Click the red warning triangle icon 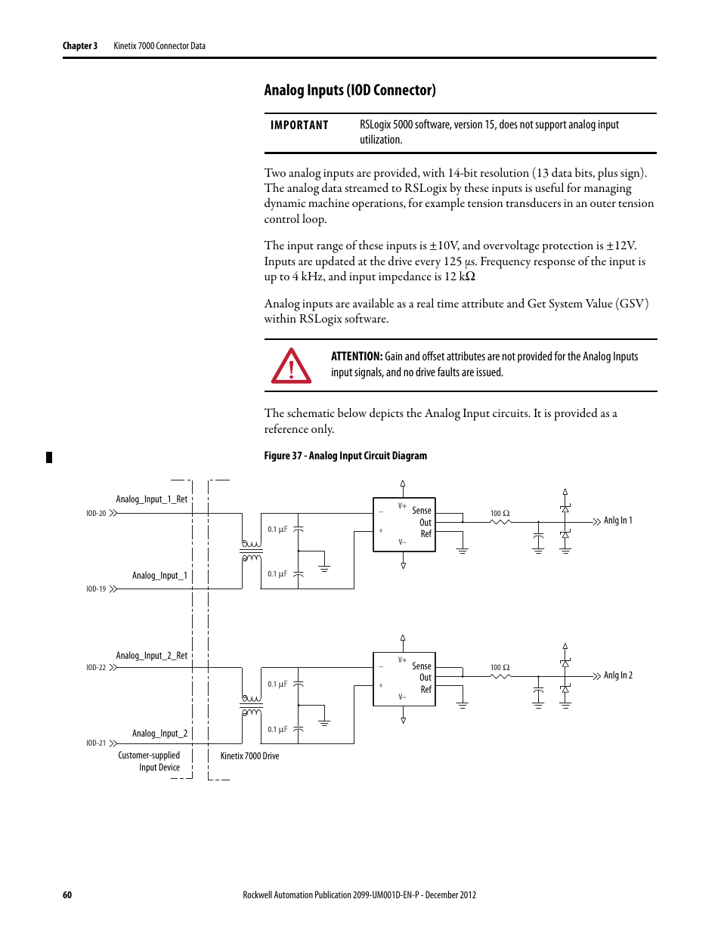291,366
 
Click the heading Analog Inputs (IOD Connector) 350,91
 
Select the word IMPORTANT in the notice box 299,125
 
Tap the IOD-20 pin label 96,514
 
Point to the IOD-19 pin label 96,589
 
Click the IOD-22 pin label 96,668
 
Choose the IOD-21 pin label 96,743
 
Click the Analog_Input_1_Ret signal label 151,499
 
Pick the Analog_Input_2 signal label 159,734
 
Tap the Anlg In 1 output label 617,521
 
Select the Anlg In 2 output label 617,675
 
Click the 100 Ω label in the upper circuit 500,514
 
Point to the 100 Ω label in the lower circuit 500,668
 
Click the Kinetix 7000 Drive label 249,756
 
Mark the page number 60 67,895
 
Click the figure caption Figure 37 345,456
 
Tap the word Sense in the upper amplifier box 422,511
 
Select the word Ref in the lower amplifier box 426,690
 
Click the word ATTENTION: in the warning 357,357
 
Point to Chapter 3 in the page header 80,46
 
